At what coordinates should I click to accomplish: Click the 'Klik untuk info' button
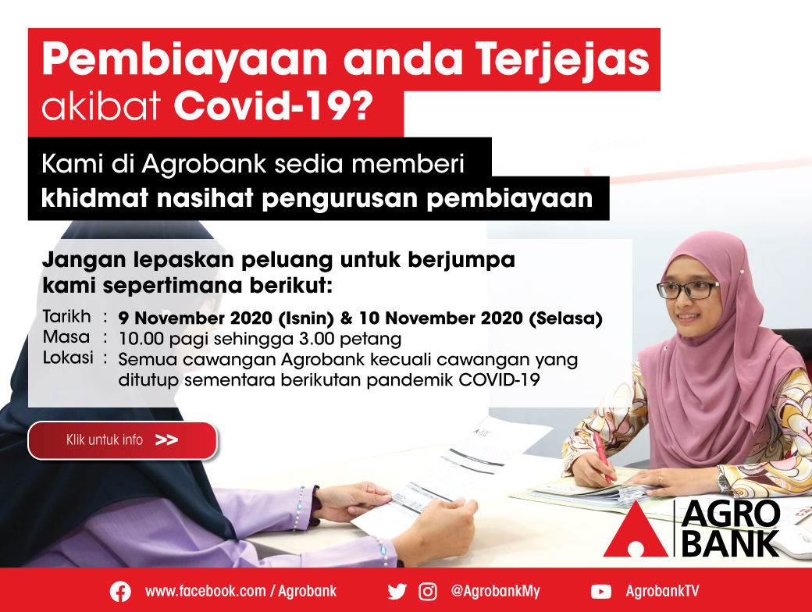pyautogui.click(x=123, y=440)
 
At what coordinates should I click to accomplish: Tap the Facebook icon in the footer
pyautogui.click(x=120, y=591)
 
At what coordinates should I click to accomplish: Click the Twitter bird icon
pyautogui.click(x=397, y=591)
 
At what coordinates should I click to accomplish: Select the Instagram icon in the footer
pyautogui.click(x=428, y=591)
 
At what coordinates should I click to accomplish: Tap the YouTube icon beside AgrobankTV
pyautogui.click(x=600, y=591)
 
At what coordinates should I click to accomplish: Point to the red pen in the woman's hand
pyautogui.click(x=602, y=456)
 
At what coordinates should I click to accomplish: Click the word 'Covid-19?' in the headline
pyautogui.click(x=273, y=106)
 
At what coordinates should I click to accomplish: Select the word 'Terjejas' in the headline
pyautogui.click(x=563, y=60)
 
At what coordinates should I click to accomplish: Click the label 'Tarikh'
pyautogui.click(x=67, y=316)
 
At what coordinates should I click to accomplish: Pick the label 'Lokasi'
pyautogui.click(x=68, y=358)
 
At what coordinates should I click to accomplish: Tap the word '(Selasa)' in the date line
pyautogui.click(x=565, y=318)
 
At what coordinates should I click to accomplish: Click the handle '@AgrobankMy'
pyautogui.click(x=495, y=591)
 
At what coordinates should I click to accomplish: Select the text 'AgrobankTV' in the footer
pyautogui.click(x=662, y=591)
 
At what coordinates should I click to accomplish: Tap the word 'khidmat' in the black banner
pyautogui.click(x=94, y=197)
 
